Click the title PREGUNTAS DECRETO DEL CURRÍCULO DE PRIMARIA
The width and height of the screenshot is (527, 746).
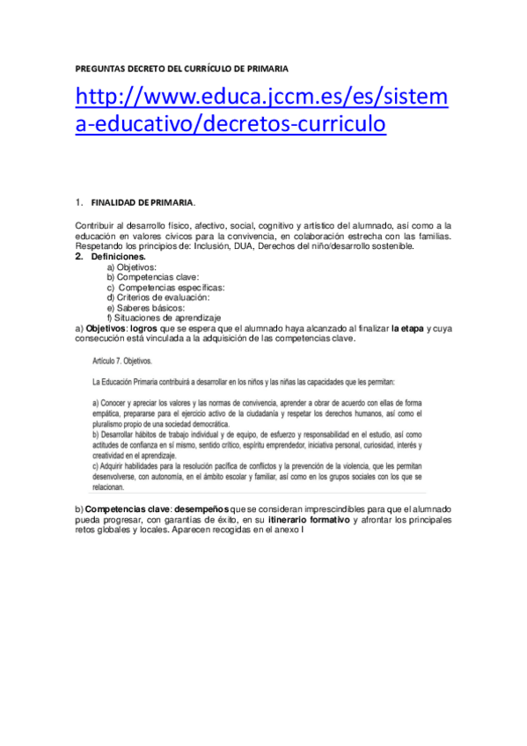tap(182, 68)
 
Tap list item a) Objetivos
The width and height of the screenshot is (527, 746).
tap(131, 267)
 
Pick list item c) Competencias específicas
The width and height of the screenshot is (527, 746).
tap(165, 288)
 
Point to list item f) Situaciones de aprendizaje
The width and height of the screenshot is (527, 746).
tap(164, 318)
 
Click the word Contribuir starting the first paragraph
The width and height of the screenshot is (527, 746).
tap(95, 226)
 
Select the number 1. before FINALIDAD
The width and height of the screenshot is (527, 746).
tap(79, 202)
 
